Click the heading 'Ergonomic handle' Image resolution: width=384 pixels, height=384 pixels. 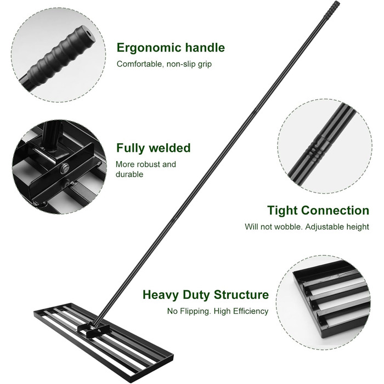tap(171, 48)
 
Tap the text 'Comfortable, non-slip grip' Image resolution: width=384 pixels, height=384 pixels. tap(164, 64)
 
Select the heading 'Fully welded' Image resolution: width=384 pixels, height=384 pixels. tap(153, 148)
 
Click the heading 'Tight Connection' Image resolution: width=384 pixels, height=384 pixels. tap(318, 210)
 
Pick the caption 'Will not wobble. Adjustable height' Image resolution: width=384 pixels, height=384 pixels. tap(307, 227)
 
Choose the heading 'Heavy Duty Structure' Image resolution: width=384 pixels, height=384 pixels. tap(206, 295)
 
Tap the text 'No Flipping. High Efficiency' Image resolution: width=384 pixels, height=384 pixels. tap(218, 311)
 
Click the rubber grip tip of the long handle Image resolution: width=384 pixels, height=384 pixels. tap(332, 10)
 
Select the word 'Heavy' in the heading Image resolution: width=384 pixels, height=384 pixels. tap(161, 295)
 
